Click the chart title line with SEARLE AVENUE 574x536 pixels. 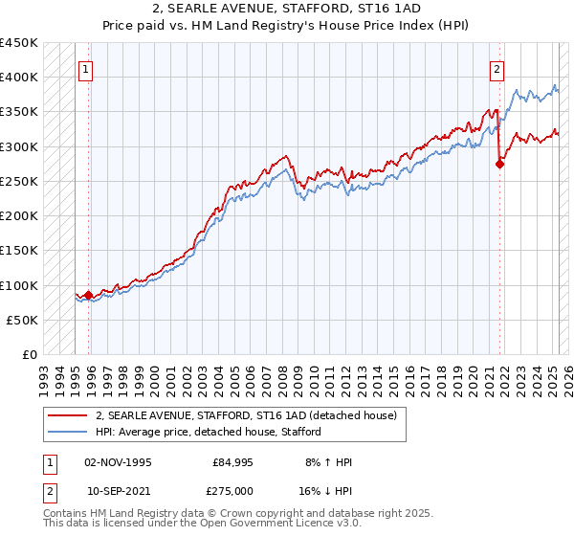(287, 11)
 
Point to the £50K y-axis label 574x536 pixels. (23, 321)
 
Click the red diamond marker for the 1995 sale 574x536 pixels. (89, 296)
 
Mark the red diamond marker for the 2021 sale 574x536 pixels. (499, 164)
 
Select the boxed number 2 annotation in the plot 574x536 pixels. (497, 69)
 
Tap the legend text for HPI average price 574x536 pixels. (208, 432)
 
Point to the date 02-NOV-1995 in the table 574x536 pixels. (119, 462)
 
